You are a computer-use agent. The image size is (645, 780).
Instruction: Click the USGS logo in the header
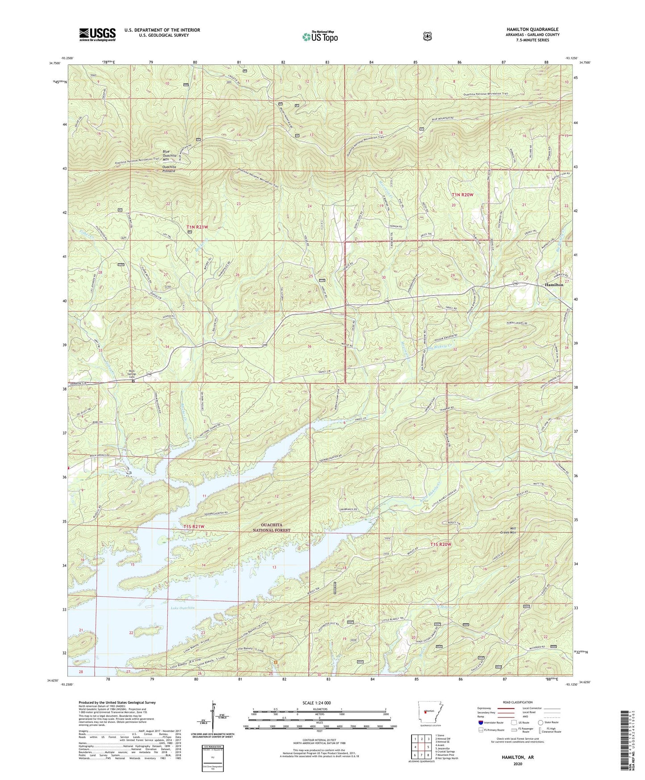[x=97, y=34]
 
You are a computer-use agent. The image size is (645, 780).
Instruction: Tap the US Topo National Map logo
[x=319, y=36]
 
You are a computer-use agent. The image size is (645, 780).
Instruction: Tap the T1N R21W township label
[x=197, y=227]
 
